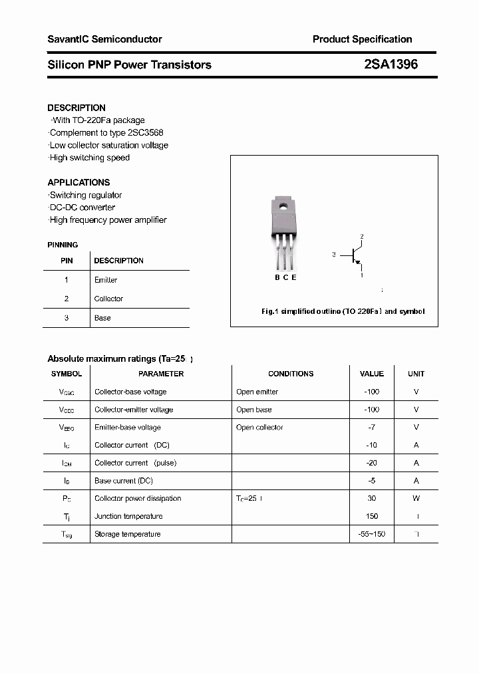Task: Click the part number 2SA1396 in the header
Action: point(391,65)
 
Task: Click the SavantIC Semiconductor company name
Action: point(104,39)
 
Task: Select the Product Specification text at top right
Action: point(362,39)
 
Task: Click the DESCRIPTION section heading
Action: point(77,108)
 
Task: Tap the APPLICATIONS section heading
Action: point(79,182)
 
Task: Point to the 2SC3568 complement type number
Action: point(145,133)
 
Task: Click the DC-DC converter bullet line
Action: point(82,207)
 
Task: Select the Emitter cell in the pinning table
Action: point(106,280)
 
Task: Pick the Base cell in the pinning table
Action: point(102,318)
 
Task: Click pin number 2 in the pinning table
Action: point(67,299)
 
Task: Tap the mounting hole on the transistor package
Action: point(282,205)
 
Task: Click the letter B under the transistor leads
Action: point(277,277)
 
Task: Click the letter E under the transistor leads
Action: point(294,277)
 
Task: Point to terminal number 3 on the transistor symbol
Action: point(333,254)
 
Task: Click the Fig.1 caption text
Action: point(342,311)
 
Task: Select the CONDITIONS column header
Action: point(291,374)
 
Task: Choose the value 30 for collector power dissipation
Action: point(371,498)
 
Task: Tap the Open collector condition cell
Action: point(259,428)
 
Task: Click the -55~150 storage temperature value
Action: point(371,534)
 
